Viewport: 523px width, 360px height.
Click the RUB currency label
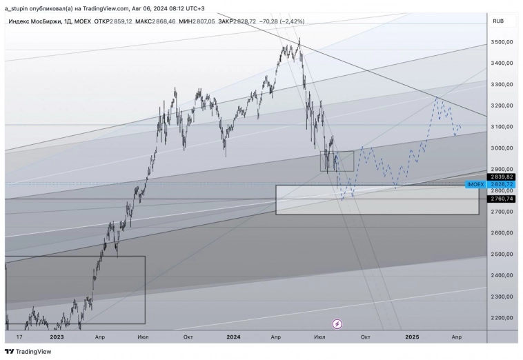[x=498, y=21]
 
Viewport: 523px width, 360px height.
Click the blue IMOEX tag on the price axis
[x=475, y=185]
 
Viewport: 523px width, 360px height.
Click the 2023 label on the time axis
[x=57, y=337]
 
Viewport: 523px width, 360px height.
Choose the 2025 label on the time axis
[x=412, y=337]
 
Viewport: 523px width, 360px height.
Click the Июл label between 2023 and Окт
[x=144, y=337]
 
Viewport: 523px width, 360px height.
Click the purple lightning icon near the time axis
[x=337, y=323]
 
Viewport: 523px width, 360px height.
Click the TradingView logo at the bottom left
[x=28, y=351]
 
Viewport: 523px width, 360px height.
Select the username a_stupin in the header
[x=19, y=8]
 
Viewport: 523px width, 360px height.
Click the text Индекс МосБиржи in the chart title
[x=34, y=21]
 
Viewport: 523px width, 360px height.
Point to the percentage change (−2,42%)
[x=288, y=21]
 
